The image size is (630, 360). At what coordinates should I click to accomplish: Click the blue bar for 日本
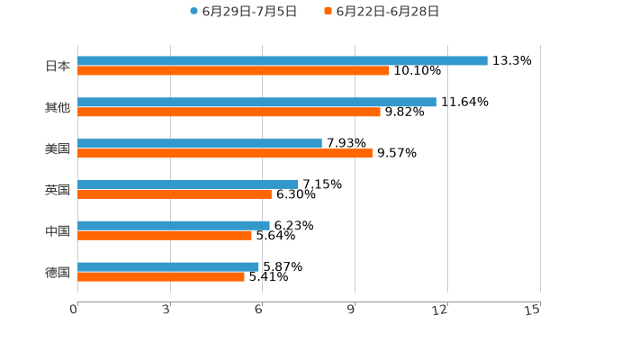283,61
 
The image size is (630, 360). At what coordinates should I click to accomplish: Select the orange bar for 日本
234,71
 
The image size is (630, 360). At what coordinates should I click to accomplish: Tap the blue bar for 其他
256,103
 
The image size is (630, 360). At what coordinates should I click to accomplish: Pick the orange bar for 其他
229,112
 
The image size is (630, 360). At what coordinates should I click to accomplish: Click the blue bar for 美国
200,144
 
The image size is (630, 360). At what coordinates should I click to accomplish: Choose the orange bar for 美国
225,154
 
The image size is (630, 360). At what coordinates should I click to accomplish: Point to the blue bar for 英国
188,184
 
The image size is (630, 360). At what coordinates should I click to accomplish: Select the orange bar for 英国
175,194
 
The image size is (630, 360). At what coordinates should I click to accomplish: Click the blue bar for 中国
174,226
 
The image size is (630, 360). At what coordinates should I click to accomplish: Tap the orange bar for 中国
165,236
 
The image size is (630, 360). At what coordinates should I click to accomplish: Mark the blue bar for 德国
168,267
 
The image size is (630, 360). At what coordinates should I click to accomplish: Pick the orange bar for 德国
161,277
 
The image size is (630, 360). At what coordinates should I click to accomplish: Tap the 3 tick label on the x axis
166,310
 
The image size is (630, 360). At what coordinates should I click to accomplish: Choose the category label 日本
58,67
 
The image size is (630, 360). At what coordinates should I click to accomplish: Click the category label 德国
58,273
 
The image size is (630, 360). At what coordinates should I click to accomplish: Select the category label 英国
58,190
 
